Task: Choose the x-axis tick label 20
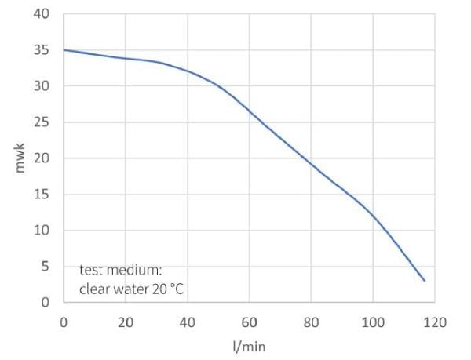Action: click(x=126, y=321)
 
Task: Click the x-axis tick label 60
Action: click(x=249, y=321)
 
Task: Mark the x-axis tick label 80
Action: click(x=311, y=321)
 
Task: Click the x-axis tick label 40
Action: click(x=188, y=321)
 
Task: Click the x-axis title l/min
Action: click(x=249, y=344)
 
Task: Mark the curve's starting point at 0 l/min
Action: click(x=64, y=50)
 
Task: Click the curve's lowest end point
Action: click(x=425, y=280)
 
